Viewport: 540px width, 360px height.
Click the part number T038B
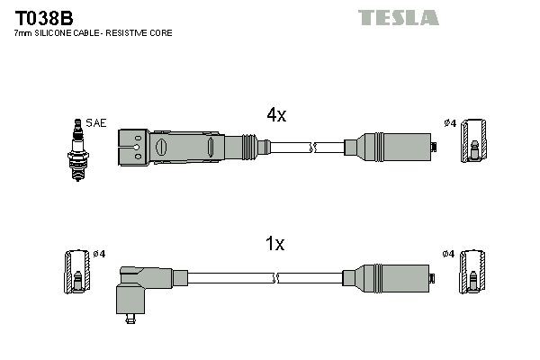coord(37,17)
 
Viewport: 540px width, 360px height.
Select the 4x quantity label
coord(275,115)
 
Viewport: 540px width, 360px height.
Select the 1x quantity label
coord(275,243)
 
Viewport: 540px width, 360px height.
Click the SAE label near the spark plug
coord(95,122)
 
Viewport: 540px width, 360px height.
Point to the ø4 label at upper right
coord(450,123)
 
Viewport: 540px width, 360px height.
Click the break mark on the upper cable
coord(312,146)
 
